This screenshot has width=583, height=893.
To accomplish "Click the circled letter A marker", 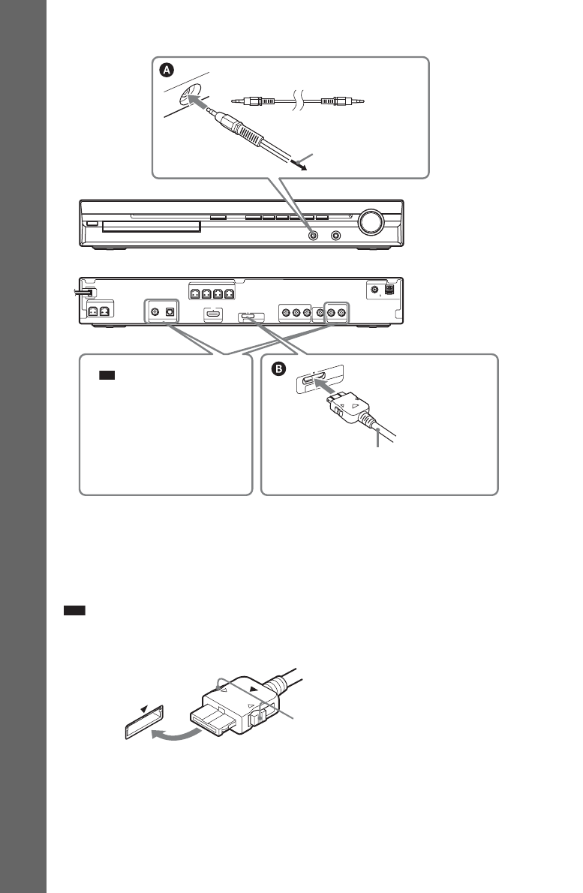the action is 167,70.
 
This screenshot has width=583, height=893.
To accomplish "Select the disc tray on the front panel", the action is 151,227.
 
